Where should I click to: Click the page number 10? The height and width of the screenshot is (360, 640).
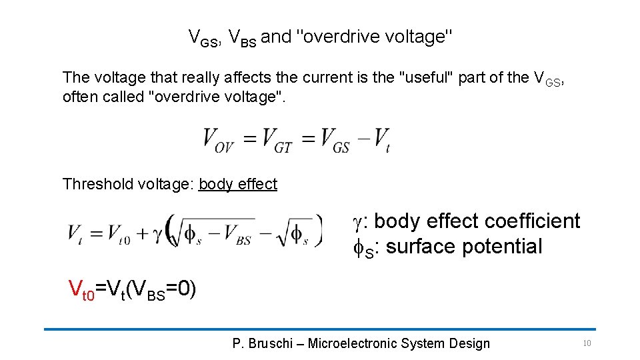pos(587,343)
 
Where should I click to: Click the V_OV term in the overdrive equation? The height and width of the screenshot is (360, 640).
pos(218,141)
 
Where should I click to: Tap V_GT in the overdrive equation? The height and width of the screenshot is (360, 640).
pos(277,141)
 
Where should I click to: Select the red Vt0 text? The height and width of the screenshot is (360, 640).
pos(82,289)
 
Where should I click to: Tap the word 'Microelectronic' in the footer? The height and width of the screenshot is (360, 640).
pos(353,343)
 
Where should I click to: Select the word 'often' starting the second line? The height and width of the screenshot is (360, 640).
pos(77,97)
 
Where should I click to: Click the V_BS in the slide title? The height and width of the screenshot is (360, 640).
pos(242,38)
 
